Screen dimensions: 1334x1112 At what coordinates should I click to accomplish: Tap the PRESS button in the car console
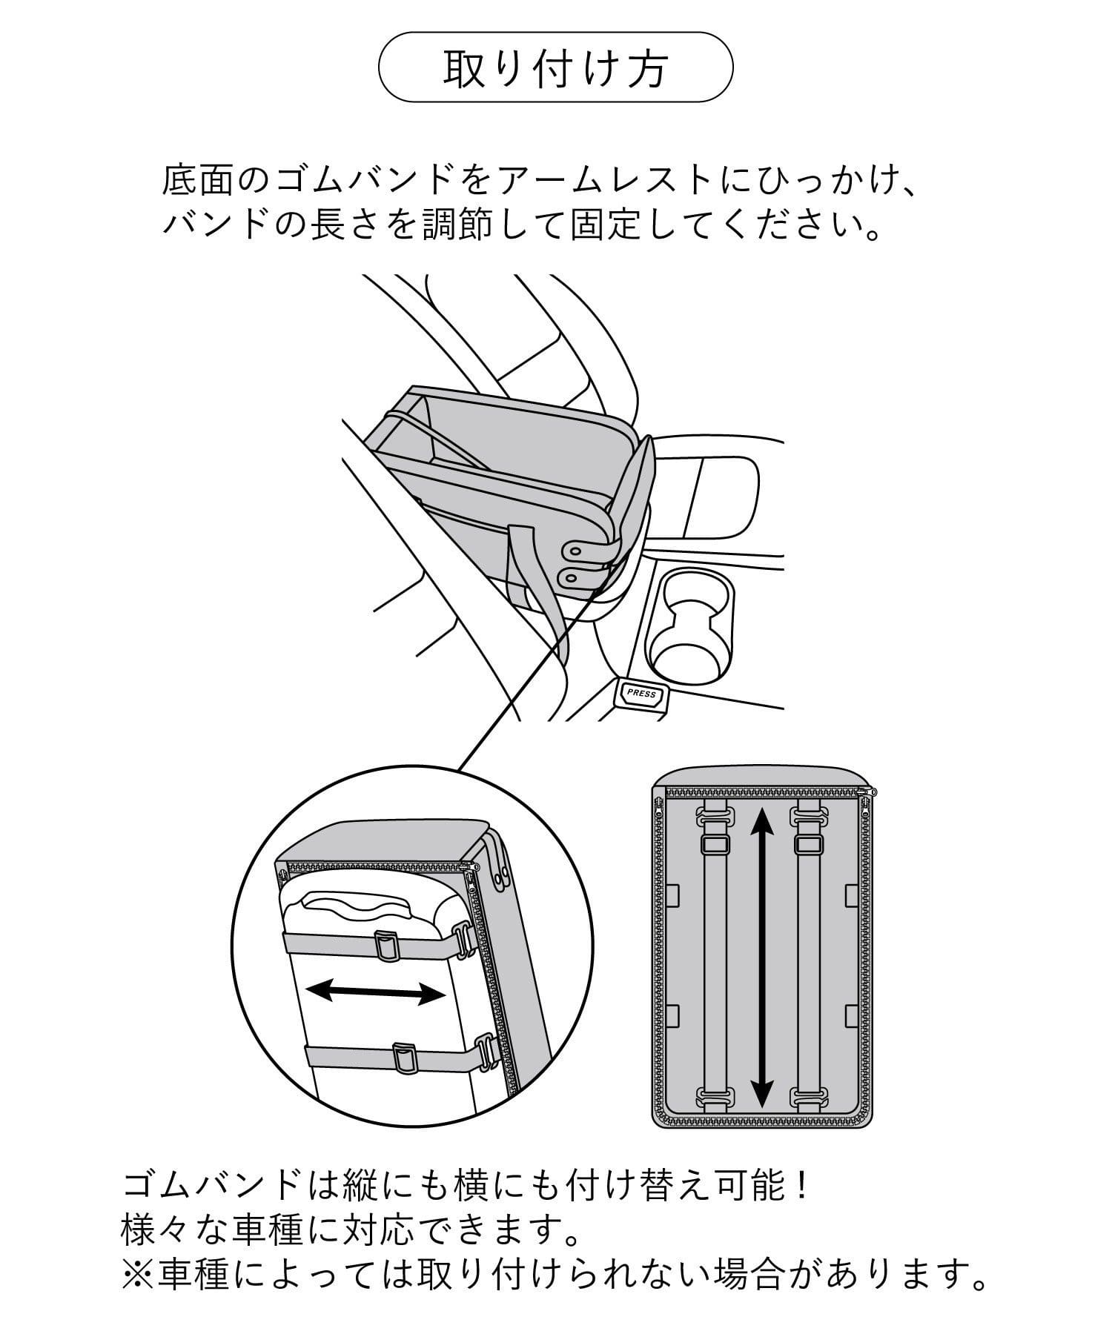coord(641,694)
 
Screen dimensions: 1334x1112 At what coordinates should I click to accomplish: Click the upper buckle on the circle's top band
coord(386,944)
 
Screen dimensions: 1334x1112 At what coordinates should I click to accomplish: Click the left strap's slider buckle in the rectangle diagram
coord(713,843)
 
